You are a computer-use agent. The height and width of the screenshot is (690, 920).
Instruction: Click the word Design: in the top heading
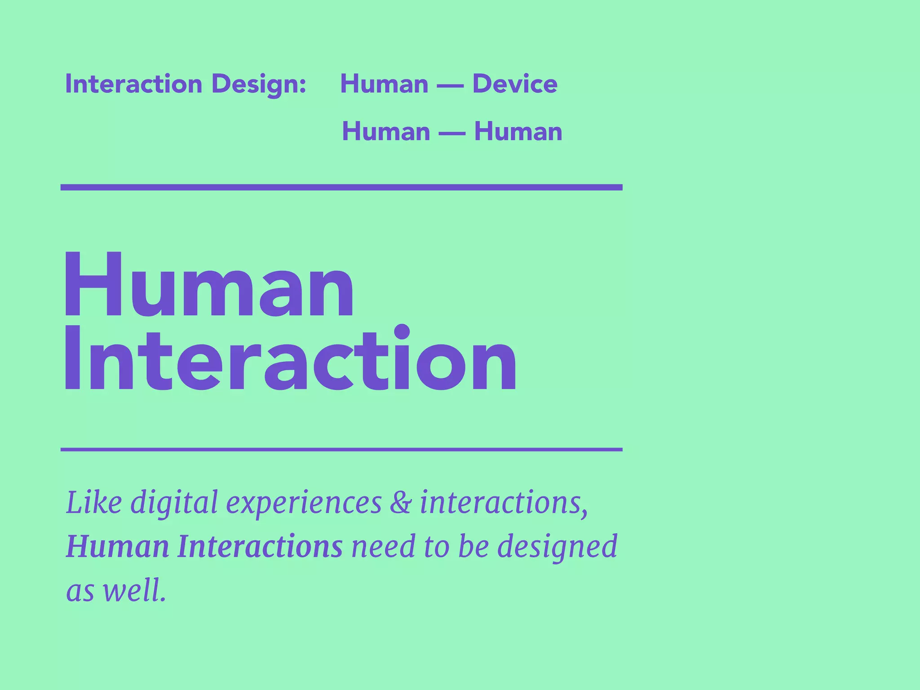[259, 84]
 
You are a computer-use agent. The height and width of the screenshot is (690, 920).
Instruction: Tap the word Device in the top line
[515, 84]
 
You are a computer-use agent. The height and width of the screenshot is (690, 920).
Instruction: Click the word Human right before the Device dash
[384, 84]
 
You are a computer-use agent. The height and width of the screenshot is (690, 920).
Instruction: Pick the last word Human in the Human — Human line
[518, 132]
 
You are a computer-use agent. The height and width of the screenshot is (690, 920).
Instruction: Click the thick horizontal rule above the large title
[341, 187]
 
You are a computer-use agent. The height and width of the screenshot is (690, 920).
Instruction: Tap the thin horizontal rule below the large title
[341, 449]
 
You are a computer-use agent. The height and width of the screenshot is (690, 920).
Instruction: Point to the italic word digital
[174, 503]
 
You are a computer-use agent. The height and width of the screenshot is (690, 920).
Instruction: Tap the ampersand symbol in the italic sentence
[400, 503]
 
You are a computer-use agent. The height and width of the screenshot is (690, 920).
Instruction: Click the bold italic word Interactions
[260, 546]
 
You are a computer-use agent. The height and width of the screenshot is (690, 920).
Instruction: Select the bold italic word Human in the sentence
[118, 546]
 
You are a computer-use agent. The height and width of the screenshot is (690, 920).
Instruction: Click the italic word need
[383, 546]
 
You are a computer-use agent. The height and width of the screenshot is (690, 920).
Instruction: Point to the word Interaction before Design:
[134, 84]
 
